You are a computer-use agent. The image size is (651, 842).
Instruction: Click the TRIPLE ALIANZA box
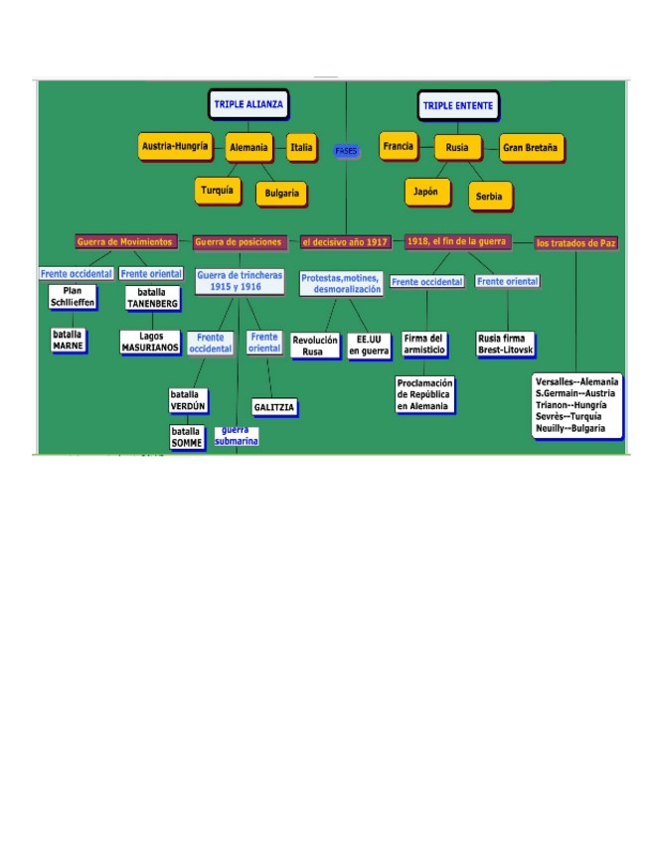248,104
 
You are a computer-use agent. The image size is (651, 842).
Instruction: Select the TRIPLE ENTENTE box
457,105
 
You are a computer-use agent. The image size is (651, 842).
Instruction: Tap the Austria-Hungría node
175,147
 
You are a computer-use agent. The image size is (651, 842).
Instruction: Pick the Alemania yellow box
248,148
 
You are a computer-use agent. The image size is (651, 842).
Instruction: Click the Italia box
301,147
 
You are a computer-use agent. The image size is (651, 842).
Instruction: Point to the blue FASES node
346,151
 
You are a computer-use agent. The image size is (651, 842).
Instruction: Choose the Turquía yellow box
218,190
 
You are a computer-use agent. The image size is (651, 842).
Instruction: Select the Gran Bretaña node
531,147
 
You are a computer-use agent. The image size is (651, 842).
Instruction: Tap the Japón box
425,191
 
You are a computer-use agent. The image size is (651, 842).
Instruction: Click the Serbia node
489,196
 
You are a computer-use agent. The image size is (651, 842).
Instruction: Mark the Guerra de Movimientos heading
125,241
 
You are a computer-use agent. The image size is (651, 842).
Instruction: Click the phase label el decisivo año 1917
346,242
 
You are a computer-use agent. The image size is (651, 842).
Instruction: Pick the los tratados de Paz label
575,242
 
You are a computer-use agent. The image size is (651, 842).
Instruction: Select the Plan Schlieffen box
73,296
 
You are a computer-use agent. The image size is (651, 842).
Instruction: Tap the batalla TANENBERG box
152,298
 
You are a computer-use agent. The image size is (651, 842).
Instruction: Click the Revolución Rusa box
314,346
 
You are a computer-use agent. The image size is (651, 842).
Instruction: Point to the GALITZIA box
274,407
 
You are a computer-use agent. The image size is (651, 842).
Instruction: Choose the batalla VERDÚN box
188,400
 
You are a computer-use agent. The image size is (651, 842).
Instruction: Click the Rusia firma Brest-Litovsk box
506,345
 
